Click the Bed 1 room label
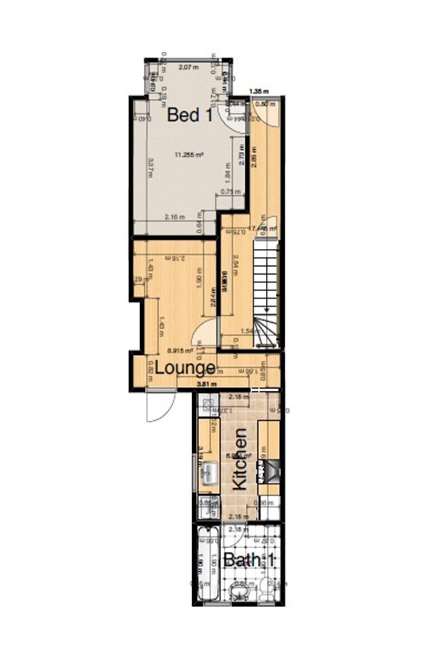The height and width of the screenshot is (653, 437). click(190, 115)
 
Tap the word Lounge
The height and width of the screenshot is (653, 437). click(185, 368)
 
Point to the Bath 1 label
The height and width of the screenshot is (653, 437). click(249, 560)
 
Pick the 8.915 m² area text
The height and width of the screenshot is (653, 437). click(180, 350)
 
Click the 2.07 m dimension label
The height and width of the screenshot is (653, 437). click(188, 67)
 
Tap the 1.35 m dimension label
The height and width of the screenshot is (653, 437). click(259, 91)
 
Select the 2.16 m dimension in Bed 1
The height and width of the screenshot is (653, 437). click(174, 217)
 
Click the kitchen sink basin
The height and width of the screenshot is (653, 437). click(209, 471)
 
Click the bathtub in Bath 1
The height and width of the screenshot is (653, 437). click(210, 563)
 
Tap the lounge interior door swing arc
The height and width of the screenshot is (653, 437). click(205, 332)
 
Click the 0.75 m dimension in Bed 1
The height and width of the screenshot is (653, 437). click(230, 191)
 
